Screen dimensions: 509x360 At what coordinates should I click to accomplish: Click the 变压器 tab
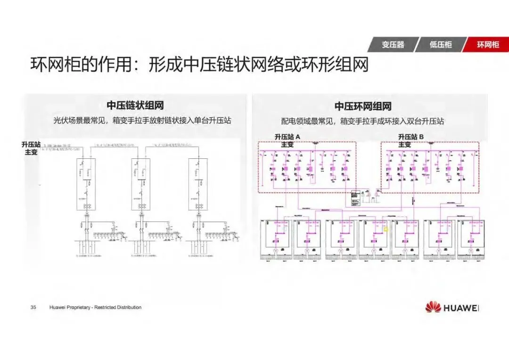(393, 45)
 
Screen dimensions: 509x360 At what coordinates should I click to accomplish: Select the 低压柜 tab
(440, 45)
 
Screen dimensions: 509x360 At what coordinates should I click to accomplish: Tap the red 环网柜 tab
(487, 45)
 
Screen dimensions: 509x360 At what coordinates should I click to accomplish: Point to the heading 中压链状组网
(135, 106)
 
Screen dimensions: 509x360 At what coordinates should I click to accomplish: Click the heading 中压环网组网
(363, 106)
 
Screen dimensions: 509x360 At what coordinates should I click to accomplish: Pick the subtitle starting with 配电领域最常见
(363, 121)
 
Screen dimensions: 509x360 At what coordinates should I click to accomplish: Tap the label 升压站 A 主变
(287, 140)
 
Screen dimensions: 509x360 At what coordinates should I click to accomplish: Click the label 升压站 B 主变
(411, 140)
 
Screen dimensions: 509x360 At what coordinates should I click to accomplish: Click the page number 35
(33, 307)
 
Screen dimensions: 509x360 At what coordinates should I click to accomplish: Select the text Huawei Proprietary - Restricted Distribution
(95, 307)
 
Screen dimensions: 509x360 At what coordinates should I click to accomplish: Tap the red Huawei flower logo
(433, 308)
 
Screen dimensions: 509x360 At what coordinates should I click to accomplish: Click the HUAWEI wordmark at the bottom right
(461, 308)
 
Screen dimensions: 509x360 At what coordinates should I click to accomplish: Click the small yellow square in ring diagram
(386, 229)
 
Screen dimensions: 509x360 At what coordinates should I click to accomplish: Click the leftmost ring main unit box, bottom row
(276, 239)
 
